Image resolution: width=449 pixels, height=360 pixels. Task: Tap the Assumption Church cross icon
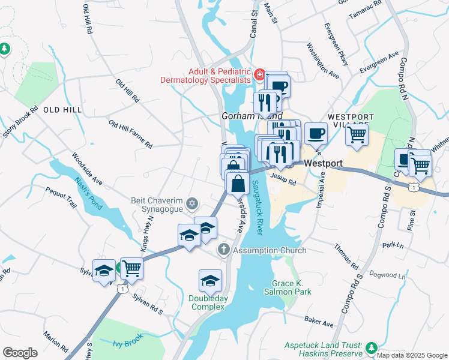pos(223,250)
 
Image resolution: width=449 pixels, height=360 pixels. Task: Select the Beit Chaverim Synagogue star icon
pos(191,204)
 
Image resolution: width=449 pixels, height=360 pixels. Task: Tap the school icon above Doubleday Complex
pos(210,281)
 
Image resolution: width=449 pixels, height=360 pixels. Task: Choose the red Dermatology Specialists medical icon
pos(259,75)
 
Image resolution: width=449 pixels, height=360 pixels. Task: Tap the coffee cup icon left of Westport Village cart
pos(316,134)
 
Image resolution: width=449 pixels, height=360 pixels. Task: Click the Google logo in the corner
pos(20,353)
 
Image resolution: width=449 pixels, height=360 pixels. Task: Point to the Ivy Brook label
pos(126,343)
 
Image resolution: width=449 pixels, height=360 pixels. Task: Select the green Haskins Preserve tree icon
pos(372,347)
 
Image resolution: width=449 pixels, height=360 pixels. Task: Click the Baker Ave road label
pos(319,323)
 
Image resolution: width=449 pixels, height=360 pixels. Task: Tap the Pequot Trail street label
pos(62,197)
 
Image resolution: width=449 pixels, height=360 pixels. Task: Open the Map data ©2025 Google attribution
pos(412,355)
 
